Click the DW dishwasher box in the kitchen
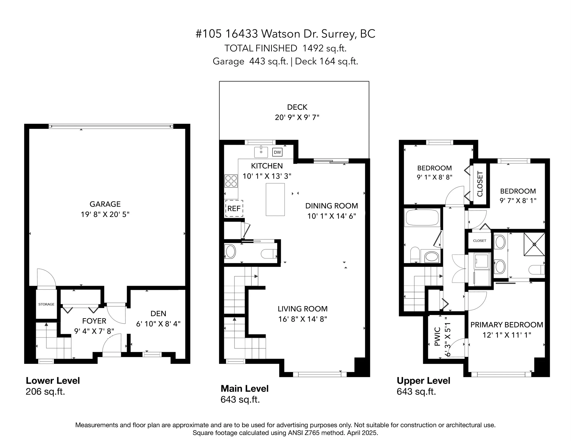pos(277,152)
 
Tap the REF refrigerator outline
pos(234,208)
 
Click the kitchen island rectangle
pos(275,199)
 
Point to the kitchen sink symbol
pos(261,152)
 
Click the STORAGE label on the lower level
pos(46,304)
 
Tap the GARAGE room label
pos(105,204)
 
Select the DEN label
pos(158,314)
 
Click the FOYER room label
pos(94,321)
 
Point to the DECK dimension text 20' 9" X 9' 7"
pos(297,117)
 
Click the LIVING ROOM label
pos(302,309)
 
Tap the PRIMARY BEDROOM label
pos(507,325)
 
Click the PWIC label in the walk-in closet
pos(437,336)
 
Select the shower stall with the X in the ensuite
pos(534,244)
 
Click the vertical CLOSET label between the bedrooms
pos(480,184)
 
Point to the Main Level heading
pos(244,389)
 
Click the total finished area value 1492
pos(312,48)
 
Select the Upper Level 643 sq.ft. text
pos(416,392)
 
